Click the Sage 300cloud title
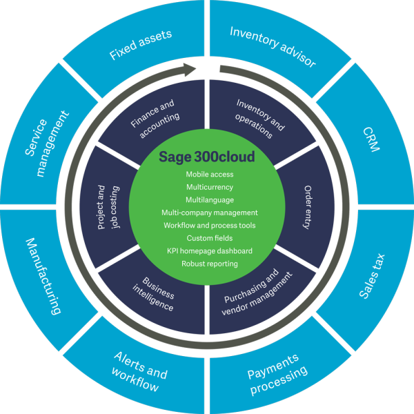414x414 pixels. (207, 157)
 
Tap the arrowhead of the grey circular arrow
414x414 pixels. (190, 70)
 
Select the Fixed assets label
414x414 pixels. (141, 45)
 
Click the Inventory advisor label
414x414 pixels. (273, 47)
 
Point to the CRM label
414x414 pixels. (371, 139)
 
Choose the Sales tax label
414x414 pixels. (372, 276)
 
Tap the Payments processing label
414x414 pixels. (277, 375)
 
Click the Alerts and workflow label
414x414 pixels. (139, 372)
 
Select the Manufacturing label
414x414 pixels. (43, 276)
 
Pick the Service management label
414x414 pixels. (47, 144)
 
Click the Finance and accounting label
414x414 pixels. (155, 119)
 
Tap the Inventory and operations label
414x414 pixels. (260, 119)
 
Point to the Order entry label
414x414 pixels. (308, 207)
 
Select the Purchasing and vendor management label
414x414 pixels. (257, 292)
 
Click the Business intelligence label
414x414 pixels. (153, 294)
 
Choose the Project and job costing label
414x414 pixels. (108, 207)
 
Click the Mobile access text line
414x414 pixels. (210, 175)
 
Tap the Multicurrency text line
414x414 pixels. (210, 187)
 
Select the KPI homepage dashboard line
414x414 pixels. (210, 251)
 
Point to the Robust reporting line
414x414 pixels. (210, 264)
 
